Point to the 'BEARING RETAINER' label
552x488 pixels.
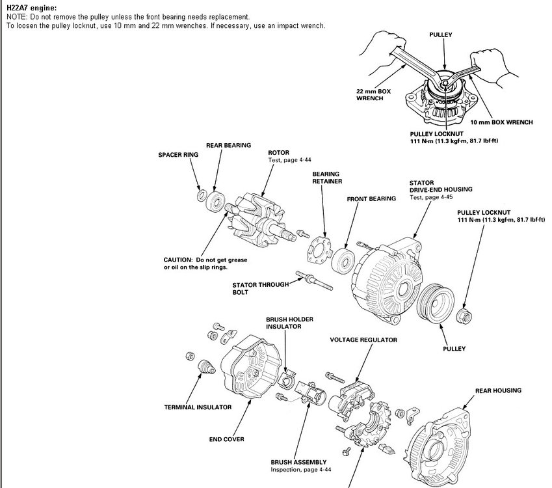tap(327, 178)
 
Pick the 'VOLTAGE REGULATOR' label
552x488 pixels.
tap(363, 340)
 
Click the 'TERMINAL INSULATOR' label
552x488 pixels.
tap(198, 407)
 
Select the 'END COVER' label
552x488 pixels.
tap(226, 439)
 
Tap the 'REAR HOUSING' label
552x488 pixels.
tap(497, 390)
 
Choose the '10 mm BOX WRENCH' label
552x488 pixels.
tap(501, 122)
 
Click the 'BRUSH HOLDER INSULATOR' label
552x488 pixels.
tap(283, 323)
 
